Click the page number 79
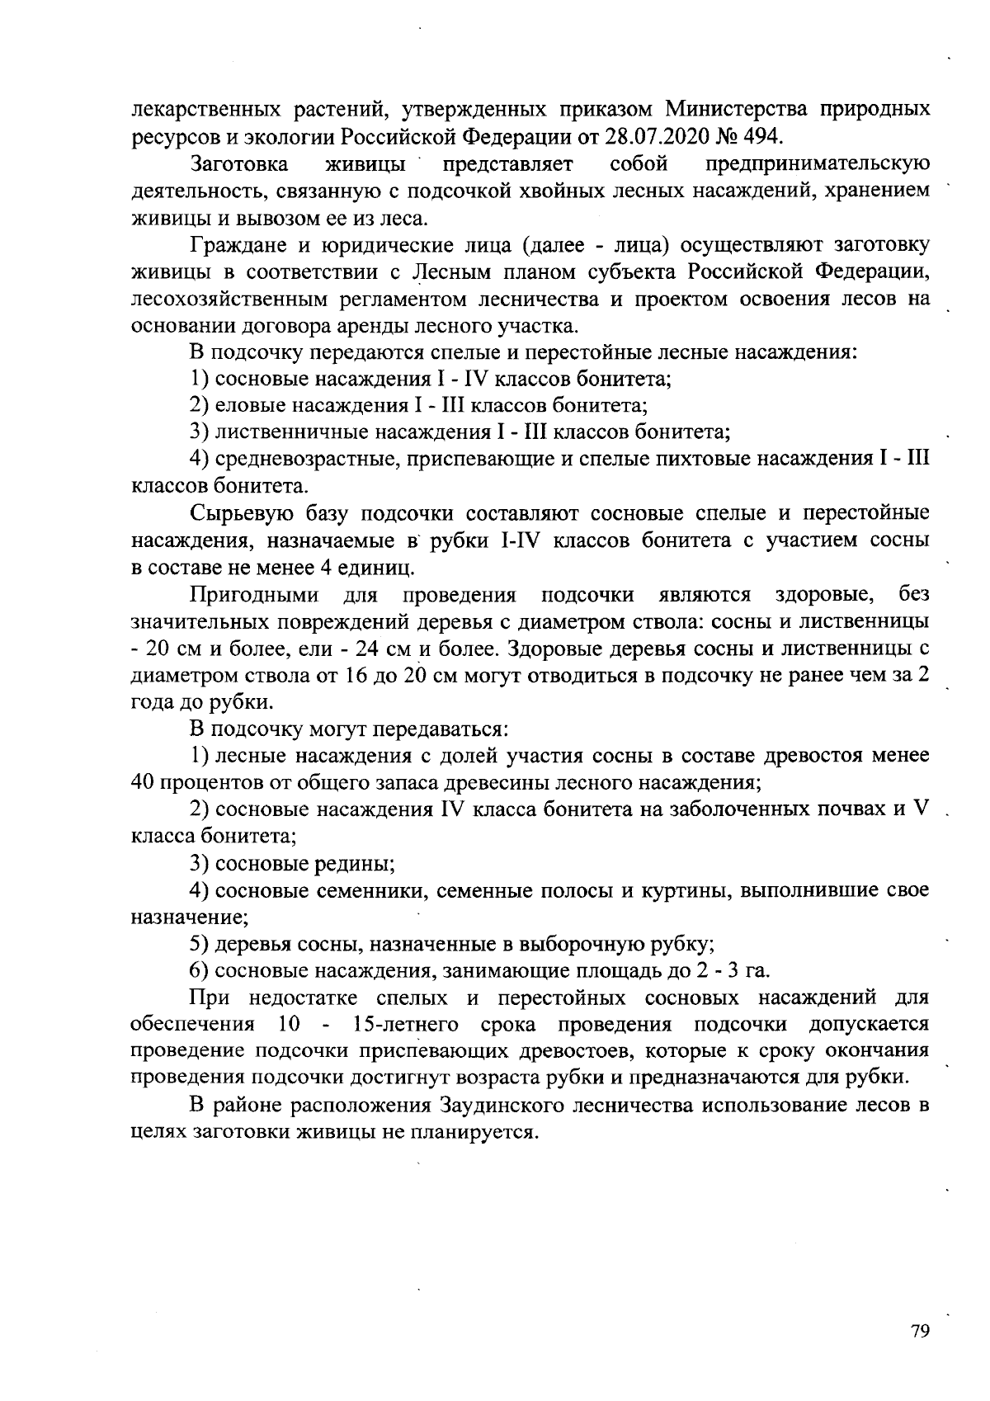920,1331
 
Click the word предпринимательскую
819,163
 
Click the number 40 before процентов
147,781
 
